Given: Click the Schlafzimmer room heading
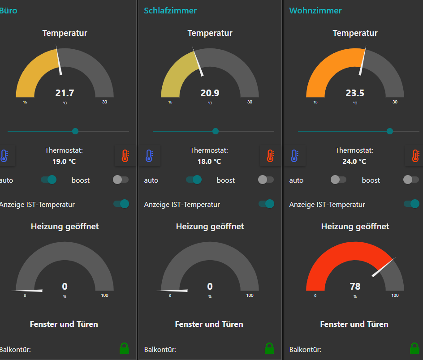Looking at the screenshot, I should (170, 10).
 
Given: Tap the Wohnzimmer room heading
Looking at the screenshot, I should (315, 10).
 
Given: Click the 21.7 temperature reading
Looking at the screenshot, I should (65, 93).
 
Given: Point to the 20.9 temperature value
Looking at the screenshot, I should (210, 93).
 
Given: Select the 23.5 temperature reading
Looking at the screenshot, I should (355, 93).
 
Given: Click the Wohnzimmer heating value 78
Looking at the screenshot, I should (355, 287).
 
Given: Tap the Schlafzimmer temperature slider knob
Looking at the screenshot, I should (216, 131).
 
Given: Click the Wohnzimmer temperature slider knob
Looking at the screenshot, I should (390, 131).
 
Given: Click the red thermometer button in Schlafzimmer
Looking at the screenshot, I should (270, 156).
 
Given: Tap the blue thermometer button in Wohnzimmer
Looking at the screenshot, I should (294, 156).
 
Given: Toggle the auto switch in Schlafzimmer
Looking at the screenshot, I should (194, 180).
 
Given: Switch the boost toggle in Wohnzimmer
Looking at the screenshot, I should (411, 180).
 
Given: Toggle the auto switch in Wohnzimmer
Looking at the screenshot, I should (338, 180).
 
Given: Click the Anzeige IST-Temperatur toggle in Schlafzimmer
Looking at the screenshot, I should (266, 204).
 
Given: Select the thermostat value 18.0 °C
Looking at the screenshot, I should (209, 161).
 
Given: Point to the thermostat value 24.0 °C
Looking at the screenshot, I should (354, 161).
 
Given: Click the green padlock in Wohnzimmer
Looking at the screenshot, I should (414, 348).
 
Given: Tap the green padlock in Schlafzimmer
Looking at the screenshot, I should (269, 348).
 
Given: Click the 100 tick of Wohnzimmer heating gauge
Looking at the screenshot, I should (395, 296).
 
